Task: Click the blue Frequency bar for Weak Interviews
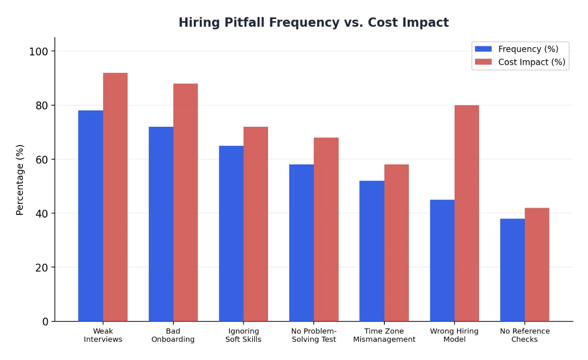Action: pos(90,216)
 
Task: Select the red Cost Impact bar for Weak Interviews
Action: pos(115,197)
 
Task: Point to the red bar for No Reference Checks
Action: pos(537,264)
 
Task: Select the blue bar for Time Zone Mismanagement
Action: pos(372,251)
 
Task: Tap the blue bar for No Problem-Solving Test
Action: pos(301,243)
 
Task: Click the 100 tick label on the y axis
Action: pos(38,51)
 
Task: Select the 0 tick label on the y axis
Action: pos(45,321)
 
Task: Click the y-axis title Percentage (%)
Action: pos(20,180)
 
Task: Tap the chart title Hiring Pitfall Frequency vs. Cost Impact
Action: pos(313,22)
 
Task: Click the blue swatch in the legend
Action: pos(483,49)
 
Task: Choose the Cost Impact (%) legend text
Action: pos(531,62)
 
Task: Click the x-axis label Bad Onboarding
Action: pos(173,335)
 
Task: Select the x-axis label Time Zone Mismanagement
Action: pos(384,335)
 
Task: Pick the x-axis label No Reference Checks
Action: pos(524,335)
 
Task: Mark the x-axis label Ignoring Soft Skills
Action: pos(243,335)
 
